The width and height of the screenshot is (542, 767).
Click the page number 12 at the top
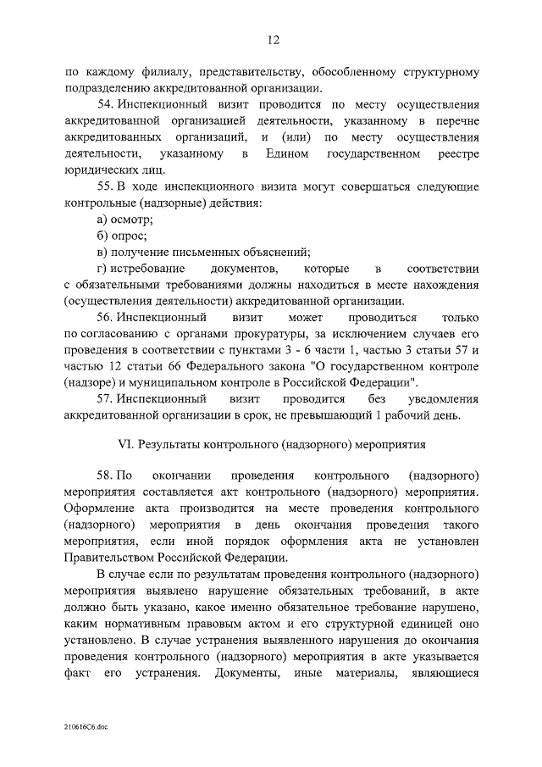point(273,39)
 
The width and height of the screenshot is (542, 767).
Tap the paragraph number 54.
point(106,103)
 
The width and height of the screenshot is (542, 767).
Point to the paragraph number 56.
point(106,318)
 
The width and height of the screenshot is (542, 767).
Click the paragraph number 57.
point(106,398)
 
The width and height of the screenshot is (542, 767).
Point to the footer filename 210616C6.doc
point(86,727)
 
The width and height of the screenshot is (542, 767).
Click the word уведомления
point(440,398)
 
